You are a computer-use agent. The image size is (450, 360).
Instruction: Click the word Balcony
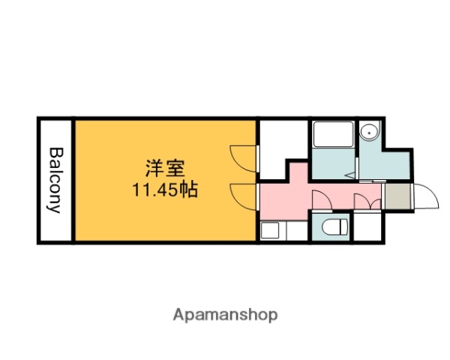(x=55, y=180)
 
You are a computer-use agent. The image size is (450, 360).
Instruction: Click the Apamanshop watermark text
(x=225, y=314)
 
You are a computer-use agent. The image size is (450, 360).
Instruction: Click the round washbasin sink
(x=368, y=133)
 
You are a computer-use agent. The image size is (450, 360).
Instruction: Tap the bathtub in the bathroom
(x=333, y=136)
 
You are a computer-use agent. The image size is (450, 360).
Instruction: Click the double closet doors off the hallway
(x=364, y=202)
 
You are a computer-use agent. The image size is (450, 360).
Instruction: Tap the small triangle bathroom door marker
(x=351, y=173)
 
